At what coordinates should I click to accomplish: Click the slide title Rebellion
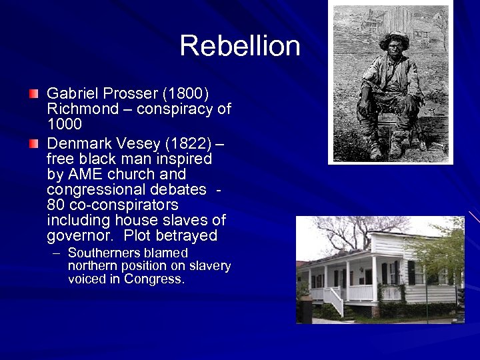[x=240, y=46]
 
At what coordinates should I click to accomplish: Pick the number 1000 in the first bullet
[x=64, y=124]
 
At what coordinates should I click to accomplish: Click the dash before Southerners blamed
[x=56, y=253]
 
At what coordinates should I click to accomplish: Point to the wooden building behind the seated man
[x=398, y=19]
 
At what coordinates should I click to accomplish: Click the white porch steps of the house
[x=333, y=302]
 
